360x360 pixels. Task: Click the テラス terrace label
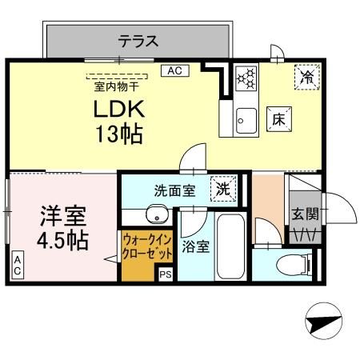pos(138,39)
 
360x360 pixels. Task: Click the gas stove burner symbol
pos(247,78)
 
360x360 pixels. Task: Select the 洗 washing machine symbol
pos(224,190)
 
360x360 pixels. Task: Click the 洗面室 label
pos(174,192)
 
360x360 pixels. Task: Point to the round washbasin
pos(156,214)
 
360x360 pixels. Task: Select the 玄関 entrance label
pos(306,214)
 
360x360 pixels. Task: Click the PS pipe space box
pos(166,274)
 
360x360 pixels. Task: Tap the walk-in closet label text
pos(148,246)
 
